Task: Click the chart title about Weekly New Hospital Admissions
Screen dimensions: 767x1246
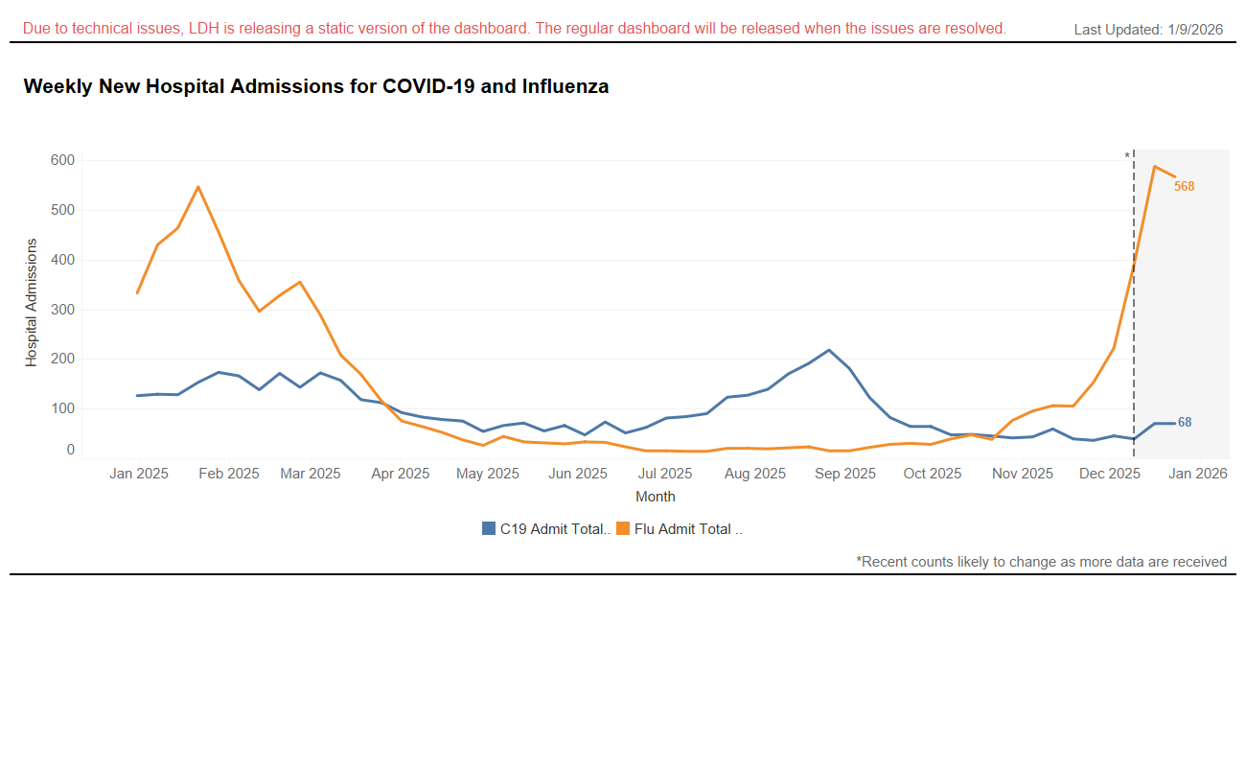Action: tap(315, 86)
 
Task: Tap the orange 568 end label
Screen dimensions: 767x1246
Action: tap(1185, 187)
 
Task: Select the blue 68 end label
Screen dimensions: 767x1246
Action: tap(1185, 423)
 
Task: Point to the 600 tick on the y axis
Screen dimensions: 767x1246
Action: tap(62, 160)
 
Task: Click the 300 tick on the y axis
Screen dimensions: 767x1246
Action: tap(62, 310)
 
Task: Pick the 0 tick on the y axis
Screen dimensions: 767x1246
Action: tap(70, 450)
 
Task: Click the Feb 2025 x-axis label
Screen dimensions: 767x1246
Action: tap(229, 474)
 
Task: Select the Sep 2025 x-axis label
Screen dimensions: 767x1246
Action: tap(845, 474)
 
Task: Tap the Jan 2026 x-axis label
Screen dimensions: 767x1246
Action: tap(1197, 474)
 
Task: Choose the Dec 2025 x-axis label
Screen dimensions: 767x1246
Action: tap(1110, 474)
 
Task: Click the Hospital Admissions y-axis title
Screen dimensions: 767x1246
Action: tap(32, 302)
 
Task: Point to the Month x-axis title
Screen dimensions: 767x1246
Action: tap(656, 497)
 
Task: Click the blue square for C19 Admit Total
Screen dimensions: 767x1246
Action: tap(489, 528)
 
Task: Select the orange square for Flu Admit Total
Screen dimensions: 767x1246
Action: tap(623, 528)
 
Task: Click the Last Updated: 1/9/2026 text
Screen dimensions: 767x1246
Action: tap(1148, 30)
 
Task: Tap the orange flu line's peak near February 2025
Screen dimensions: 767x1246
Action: tap(198, 187)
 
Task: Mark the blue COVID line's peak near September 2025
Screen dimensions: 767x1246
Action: tap(829, 350)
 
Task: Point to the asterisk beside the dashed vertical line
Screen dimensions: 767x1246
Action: tap(1127, 156)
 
